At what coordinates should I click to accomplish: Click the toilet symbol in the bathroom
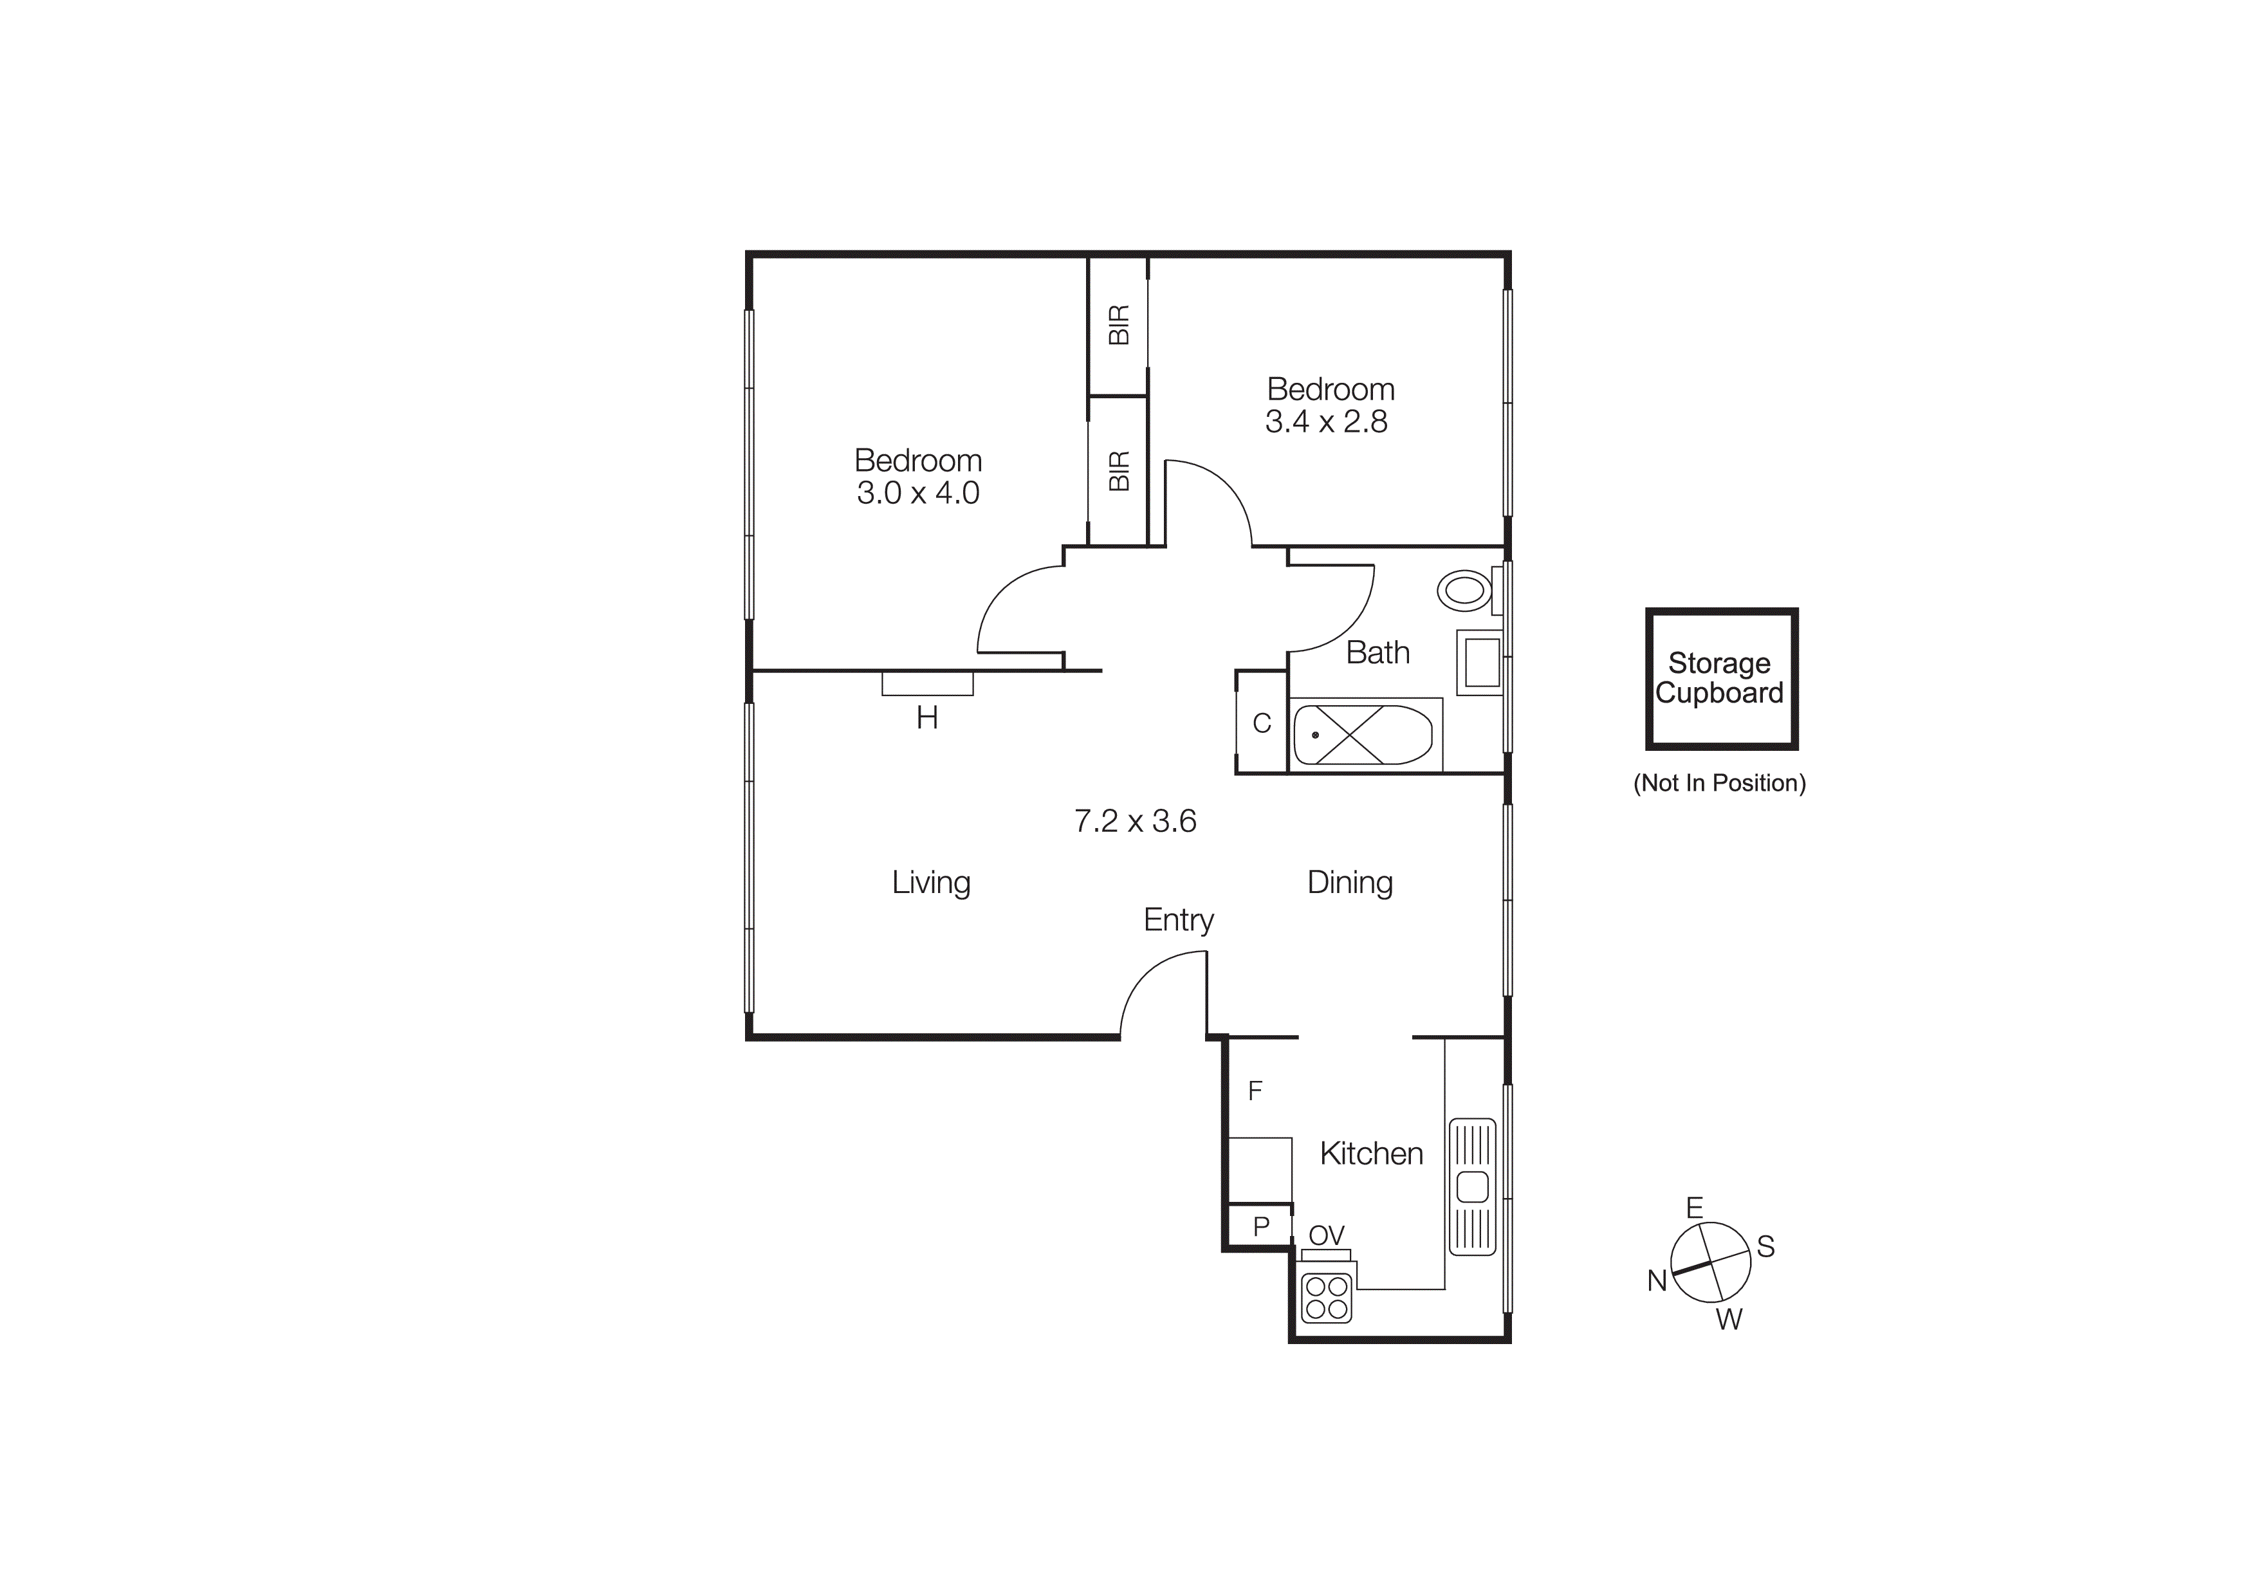pyautogui.click(x=1464, y=591)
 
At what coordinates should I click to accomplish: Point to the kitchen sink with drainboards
pyautogui.click(x=1471, y=1187)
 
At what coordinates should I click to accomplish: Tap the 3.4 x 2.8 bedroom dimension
pyautogui.click(x=1325, y=421)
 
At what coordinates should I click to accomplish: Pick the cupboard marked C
pyautogui.click(x=1261, y=723)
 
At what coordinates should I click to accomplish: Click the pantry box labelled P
pyautogui.click(x=1260, y=1226)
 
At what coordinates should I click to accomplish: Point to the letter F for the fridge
pyautogui.click(x=1255, y=1090)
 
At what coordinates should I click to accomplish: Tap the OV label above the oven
pyautogui.click(x=1326, y=1235)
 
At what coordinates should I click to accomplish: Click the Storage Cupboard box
pyautogui.click(x=1720, y=678)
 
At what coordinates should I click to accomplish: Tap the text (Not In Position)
pyautogui.click(x=1718, y=783)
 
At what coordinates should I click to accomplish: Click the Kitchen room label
pyautogui.click(x=1370, y=1154)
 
